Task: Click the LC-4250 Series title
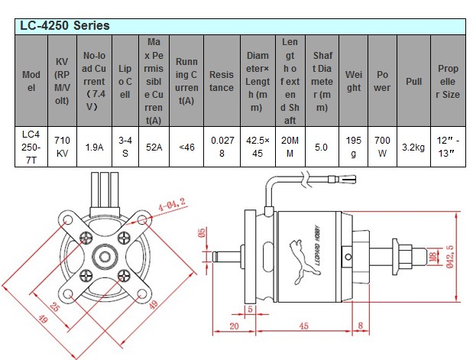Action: pos(66,25)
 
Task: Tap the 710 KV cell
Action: pos(63,146)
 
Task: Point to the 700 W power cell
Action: pos(383,146)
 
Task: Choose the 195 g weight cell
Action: pos(352,146)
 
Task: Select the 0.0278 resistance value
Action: pos(222,146)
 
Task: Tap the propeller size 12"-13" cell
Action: pos(448,146)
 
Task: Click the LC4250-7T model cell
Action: pos(31,146)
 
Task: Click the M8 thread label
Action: pos(432,256)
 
